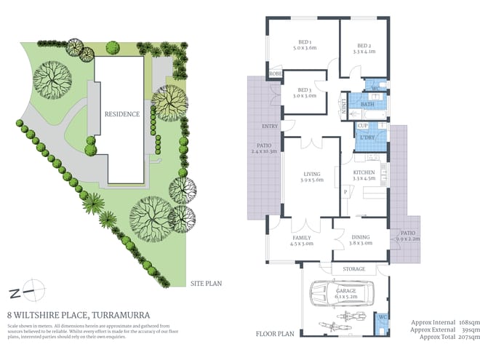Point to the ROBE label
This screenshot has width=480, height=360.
click(x=276, y=74)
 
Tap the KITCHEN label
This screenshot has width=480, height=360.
click(x=363, y=171)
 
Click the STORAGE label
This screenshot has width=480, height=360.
click(x=354, y=269)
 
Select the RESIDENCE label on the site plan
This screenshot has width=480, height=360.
click(x=121, y=114)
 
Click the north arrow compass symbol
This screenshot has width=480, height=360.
click(x=24, y=292)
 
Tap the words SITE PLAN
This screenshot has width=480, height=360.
click(x=207, y=284)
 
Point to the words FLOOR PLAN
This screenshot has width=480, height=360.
click(x=273, y=335)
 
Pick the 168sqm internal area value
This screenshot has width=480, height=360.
click(x=468, y=322)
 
